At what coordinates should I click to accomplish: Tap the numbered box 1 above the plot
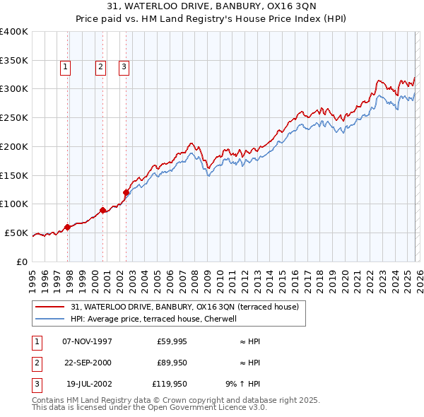(x=65, y=67)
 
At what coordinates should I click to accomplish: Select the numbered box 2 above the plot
(x=100, y=67)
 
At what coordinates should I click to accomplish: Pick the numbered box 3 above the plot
(x=124, y=67)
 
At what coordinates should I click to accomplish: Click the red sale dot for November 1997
(x=68, y=227)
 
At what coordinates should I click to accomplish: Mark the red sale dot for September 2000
(x=103, y=210)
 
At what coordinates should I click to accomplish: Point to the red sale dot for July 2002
(x=126, y=192)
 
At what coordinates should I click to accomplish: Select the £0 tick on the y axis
(x=22, y=262)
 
